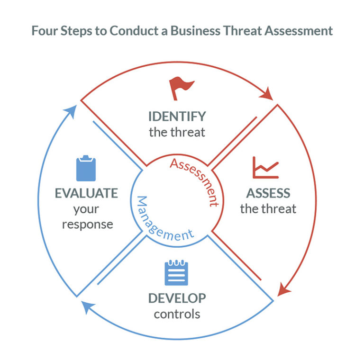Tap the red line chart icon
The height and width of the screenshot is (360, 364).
click(265, 168)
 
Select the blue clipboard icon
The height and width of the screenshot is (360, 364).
click(86, 168)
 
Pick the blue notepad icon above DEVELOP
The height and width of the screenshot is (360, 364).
click(176, 272)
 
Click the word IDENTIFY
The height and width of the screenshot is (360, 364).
click(177, 117)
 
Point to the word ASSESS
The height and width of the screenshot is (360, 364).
click(268, 193)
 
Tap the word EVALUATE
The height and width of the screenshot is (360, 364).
click(86, 193)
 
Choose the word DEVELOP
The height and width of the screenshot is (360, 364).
click(177, 298)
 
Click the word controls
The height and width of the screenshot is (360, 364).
click(177, 315)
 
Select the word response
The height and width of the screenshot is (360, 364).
click(88, 225)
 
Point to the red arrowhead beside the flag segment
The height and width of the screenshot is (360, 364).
click(267, 94)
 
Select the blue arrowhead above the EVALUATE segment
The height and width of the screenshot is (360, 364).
click(71, 111)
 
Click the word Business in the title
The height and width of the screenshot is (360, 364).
click(195, 31)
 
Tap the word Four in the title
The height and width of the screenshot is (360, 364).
click(45, 31)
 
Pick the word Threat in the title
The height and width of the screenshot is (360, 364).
click(242, 31)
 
